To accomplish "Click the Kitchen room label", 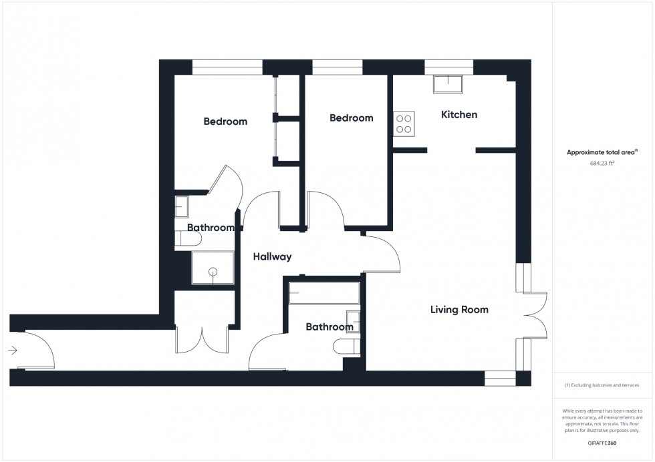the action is [x=459, y=115].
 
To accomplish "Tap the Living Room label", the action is [x=459, y=310].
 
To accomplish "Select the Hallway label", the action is [x=273, y=256].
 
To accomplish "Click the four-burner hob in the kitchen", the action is [x=404, y=124].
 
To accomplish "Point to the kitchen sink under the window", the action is [x=448, y=84].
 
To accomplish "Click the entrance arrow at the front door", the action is [x=13, y=350].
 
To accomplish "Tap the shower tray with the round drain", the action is [x=213, y=268].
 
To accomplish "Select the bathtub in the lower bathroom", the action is [x=324, y=293].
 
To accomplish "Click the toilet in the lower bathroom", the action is [x=347, y=346].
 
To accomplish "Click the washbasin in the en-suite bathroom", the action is [x=181, y=206].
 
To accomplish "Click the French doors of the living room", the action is [x=535, y=315].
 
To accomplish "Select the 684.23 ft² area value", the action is [x=602, y=163].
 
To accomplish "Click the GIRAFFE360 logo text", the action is [x=602, y=443].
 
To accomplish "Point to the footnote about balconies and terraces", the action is [x=602, y=385].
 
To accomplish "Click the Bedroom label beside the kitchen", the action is [x=352, y=118].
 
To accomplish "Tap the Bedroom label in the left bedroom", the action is [x=225, y=122].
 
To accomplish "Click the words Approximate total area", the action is [x=601, y=152].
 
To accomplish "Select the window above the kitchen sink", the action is [x=448, y=67].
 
